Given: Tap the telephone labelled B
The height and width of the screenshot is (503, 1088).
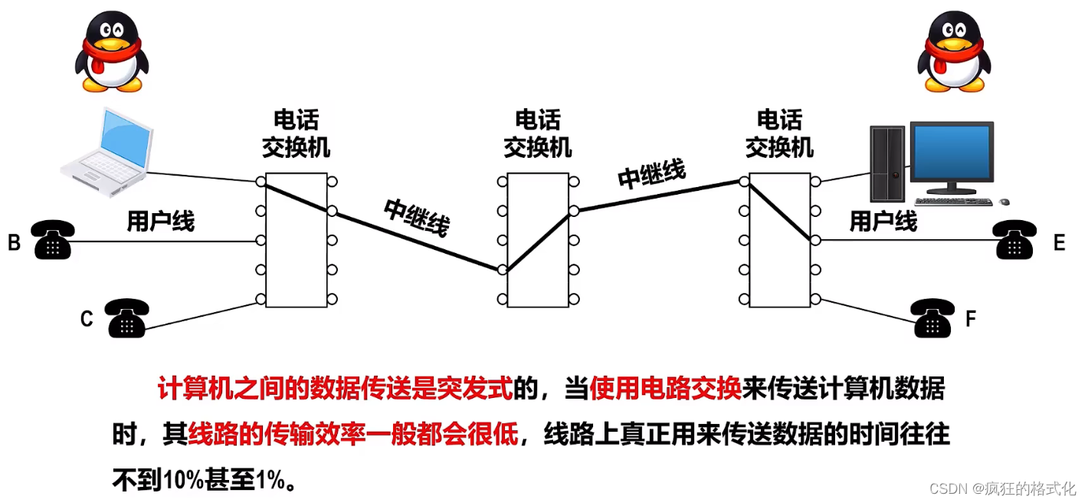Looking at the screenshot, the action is point(52,239).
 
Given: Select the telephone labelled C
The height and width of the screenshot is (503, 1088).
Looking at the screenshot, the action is point(127,317).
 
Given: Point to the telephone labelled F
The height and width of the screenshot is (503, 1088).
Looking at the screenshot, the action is point(932,318).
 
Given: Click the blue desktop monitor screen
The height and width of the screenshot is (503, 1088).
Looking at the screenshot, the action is point(952,154).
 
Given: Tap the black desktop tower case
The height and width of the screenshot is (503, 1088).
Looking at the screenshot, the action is point(888,164).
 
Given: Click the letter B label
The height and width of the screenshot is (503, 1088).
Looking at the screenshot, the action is point(14,244).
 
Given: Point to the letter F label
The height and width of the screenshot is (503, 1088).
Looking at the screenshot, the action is point(971,319).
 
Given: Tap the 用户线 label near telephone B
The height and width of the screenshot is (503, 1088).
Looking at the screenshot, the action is point(161,222).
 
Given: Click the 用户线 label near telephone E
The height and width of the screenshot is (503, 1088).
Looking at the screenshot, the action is point(883,222).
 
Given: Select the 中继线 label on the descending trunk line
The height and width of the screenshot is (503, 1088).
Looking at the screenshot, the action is point(416,217).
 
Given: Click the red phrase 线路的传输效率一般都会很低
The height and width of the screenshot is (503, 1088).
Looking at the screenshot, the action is point(354,436).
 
